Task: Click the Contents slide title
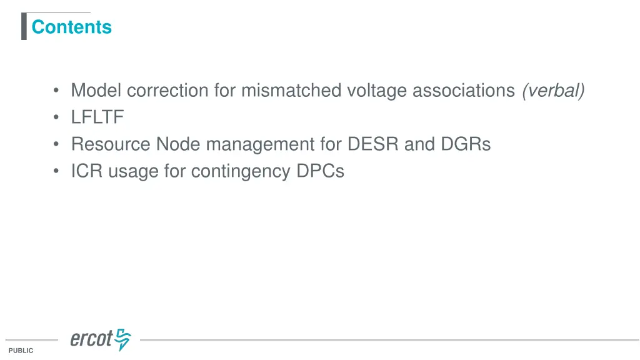(71, 27)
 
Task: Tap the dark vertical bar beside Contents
(24, 26)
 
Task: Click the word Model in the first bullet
(97, 91)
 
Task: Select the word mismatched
(291, 91)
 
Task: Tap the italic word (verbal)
(554, 91)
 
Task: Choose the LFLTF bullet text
(97, 117)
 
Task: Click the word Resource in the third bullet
(111, 144)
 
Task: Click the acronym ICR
(87, 171)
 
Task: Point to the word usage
(133, 171)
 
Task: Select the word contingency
(239, 171)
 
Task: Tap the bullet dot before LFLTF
(57, 118)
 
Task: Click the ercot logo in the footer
(101, 339)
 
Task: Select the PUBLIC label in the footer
(21, 351)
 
